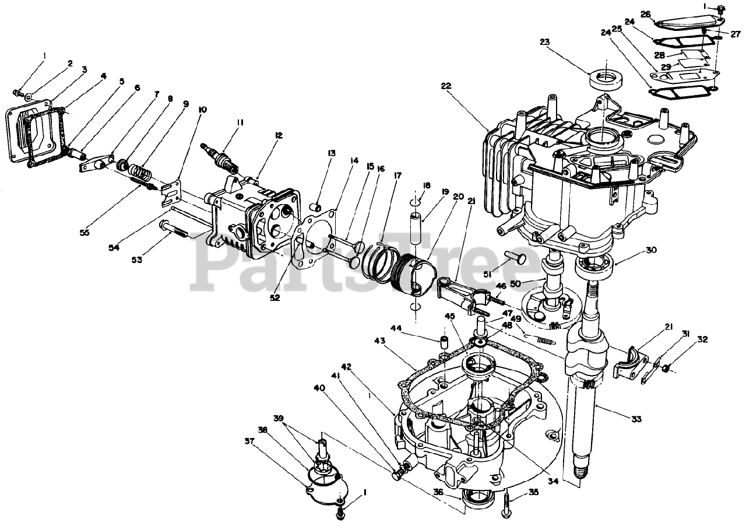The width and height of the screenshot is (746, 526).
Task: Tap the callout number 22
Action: (446, 86)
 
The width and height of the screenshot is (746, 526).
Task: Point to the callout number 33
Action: (636, 419)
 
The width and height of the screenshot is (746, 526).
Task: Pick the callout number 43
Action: (381, 341)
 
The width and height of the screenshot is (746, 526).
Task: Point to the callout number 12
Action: (279, 135)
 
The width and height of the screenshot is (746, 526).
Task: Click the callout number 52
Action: (275, 297)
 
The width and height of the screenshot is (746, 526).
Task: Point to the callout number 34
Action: (553, 482)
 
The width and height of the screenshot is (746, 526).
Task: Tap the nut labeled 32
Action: (667, 368)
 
